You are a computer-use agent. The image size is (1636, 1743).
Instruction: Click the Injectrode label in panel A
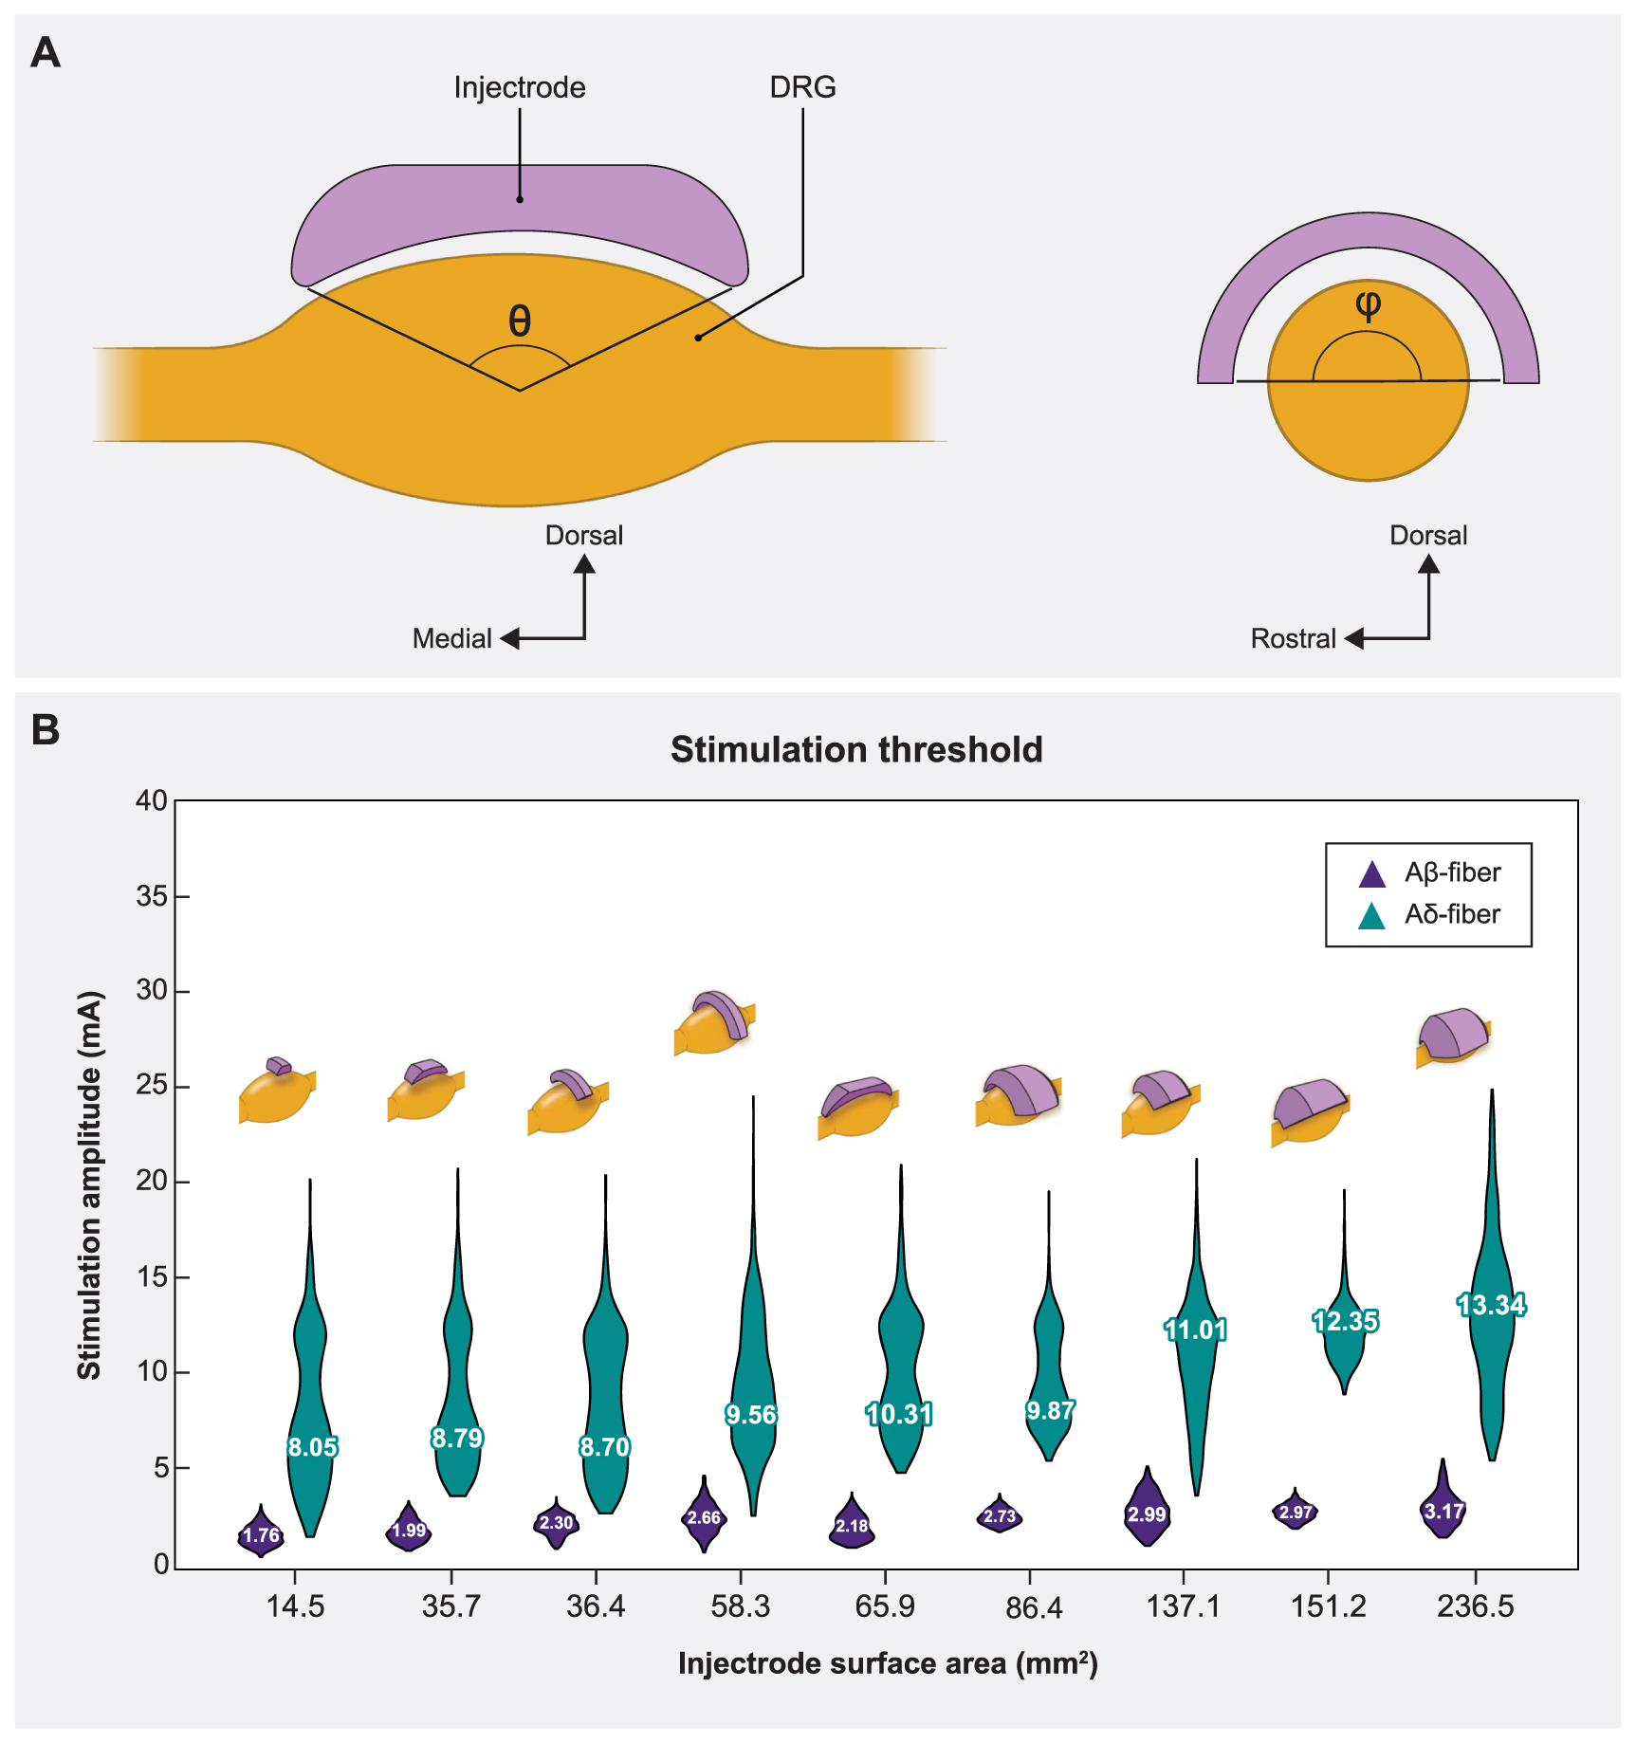pyautogui.click(x=519, y=87)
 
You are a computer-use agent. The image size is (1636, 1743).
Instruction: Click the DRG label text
pyautogui.click(x=802, y=87)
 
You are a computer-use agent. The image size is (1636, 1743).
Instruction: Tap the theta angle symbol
pyautogui.click(x=520, y=321)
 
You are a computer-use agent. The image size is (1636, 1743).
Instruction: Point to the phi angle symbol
pyautogui.click(x=1368, y=304)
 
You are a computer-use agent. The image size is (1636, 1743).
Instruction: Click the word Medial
pyautogui.click(x=451, y=638)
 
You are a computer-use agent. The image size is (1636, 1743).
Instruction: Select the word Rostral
pyautogui.click(x=1293, y=638)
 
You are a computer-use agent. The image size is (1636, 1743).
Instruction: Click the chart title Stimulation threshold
pyautogui.click(x=856, y=749)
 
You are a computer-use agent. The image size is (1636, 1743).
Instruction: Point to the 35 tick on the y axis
pyautogui.click(x=152, y=896)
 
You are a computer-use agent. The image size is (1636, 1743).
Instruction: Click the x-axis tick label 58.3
pyautogui.click(x=740, y=1606)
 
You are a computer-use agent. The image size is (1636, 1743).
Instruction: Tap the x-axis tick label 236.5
pyautogui.click(x=1475, y=1606)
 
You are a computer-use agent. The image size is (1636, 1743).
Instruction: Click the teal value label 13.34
pyautogui.click(x=1491, y=1305)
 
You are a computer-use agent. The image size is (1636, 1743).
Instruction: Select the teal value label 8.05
pyautogui.click(x=312, y=1447)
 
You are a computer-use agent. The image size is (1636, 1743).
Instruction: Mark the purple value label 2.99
pyautogui.click(x=1146, y=1514)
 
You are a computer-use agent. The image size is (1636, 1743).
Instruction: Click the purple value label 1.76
pyautogui.click(x=261, y=1535)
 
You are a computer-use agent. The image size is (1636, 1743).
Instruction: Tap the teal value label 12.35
pyautogui.click(x=1345, y=1321)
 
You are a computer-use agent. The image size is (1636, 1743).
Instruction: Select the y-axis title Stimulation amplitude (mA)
pyautogui.click(x=89, y=1185)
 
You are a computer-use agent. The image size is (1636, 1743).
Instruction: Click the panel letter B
pyautogui.click(x=46, y=729)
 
